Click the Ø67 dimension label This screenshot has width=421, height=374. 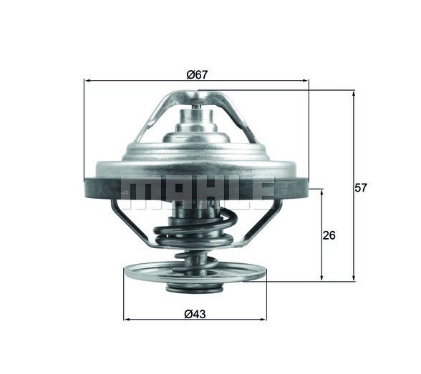pyautogui.click(x=197, y=74)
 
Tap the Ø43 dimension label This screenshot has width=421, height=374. pyautogui.click(x=195, y=314)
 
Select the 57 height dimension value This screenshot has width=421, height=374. pyautogui.click(x=360, y=187)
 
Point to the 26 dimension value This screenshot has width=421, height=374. pyautogui.click(x=329, y=235)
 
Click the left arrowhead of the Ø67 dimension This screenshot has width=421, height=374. pyautogui.click(x=87, y=80)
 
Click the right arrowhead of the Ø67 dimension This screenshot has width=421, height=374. pyautogui.click(x=306, y=80)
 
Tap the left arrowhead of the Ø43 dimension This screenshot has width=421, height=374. pyautogui.click(x=126, y=320)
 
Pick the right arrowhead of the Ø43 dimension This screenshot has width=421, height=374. pyautogui.click(x=264, y=320)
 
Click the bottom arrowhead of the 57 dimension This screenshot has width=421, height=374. pyautogui.click(x=354, y=278)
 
